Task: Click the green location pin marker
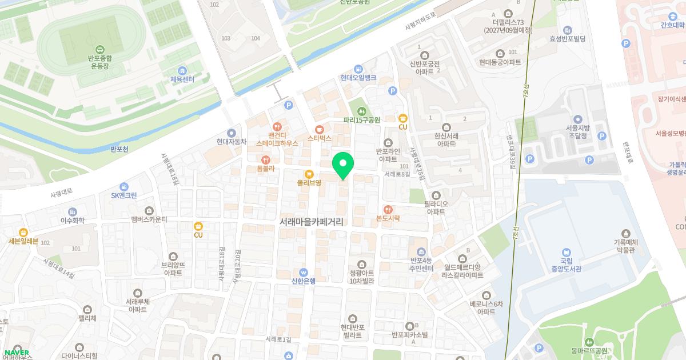[343, 164]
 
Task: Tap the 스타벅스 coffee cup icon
[319, 129]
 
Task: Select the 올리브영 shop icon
[309, 174]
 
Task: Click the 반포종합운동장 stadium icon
[100, 50]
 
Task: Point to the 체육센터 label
[182, 79]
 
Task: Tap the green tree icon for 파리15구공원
[361, 111]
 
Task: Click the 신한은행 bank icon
[304, 271]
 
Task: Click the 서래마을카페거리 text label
[312, 222]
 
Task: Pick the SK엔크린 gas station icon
[124, 186]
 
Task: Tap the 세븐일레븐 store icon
[23, 232]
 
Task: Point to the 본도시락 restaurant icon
[388, 209]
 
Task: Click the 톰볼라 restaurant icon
[265, 160]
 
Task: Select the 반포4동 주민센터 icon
[421, 252]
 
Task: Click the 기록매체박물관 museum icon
[626, 234]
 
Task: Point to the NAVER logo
[17, 352]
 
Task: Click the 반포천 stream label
[119, 150]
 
